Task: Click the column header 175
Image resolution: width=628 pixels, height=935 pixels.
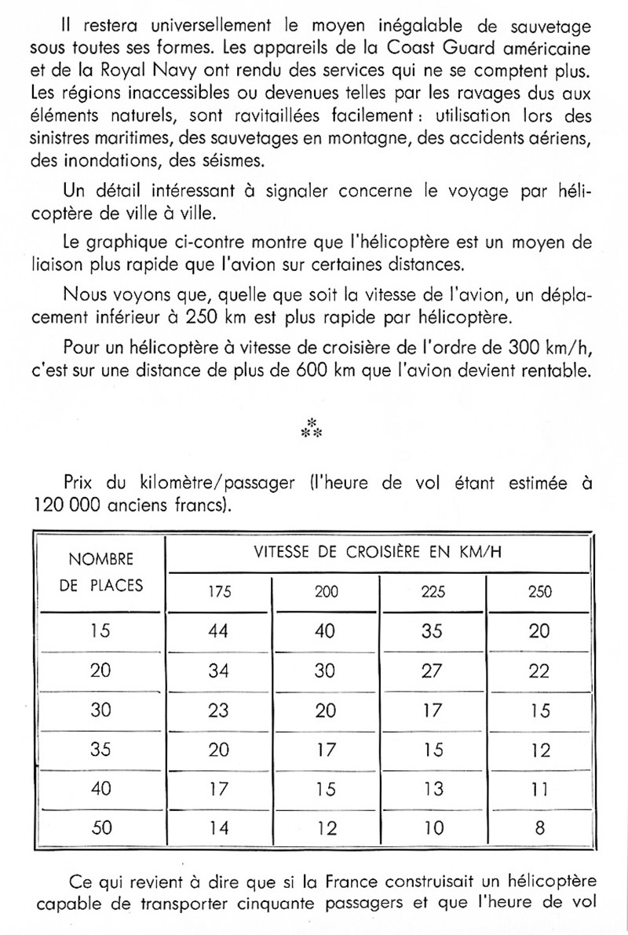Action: coord(220,592)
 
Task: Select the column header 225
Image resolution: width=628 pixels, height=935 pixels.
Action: coord(432,592)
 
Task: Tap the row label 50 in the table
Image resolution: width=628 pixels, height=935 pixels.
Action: coord(100,827)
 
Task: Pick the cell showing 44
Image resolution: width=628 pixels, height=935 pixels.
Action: coord(220,631)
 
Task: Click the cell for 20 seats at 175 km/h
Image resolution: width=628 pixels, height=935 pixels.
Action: coord(220,670)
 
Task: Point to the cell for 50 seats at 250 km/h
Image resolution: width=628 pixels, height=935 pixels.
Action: coord(539,827)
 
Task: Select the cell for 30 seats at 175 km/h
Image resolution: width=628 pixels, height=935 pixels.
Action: coord(220,710)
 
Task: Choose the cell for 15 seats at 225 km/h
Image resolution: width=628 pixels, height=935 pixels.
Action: coord(432,631)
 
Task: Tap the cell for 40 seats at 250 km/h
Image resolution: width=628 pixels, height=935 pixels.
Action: coord(539,787)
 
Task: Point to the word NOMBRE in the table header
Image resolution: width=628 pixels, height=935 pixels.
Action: coord(101,560)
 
